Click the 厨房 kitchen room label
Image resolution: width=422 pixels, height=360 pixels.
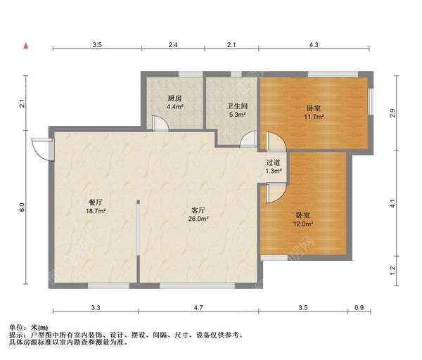tap(175, 98)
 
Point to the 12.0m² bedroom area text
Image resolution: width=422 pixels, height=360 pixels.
tap(304, 224)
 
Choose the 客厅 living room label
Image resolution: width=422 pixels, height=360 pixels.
tap(199, 209)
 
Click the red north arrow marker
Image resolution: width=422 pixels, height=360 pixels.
tap(26, 46)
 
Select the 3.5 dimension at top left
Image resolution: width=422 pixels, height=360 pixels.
tap(97, 45)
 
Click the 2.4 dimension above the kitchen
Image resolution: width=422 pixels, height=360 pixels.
tap(172, 45)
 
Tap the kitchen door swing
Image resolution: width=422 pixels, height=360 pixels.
tap(161, 122)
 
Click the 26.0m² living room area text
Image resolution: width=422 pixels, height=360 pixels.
tap(199, 219)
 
